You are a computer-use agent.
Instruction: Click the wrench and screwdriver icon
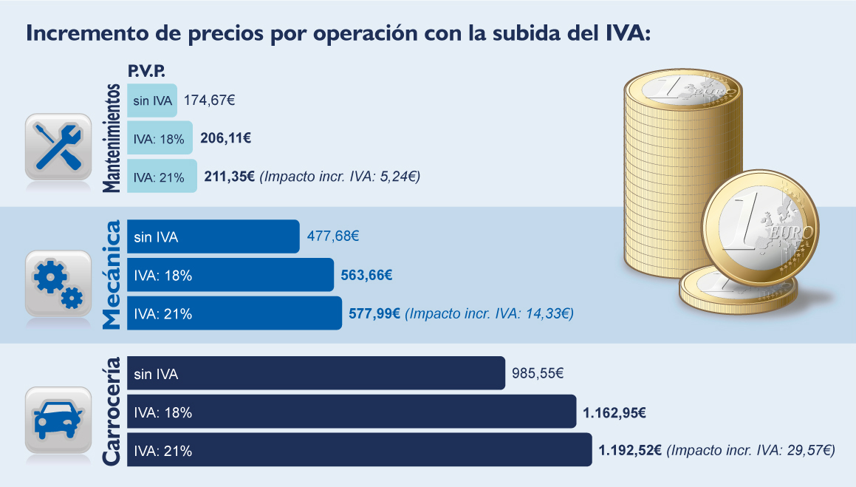coord(58,146)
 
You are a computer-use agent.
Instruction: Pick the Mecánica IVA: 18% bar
coord(230,275)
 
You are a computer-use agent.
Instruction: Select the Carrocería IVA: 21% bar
coord(359,450)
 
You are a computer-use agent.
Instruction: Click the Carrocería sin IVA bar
coord(315,374)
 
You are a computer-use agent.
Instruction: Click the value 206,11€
coord(225,138)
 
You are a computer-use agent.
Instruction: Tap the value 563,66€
coord(366,276)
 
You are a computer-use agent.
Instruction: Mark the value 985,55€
coord(538,375)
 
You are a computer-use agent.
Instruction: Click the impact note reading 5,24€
coord(340,177)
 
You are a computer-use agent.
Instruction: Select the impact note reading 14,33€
coord(490,314)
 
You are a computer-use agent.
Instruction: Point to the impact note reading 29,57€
coord(751,450)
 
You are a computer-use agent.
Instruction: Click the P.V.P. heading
coord(146,72)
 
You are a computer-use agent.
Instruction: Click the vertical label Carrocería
coord(111,412)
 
